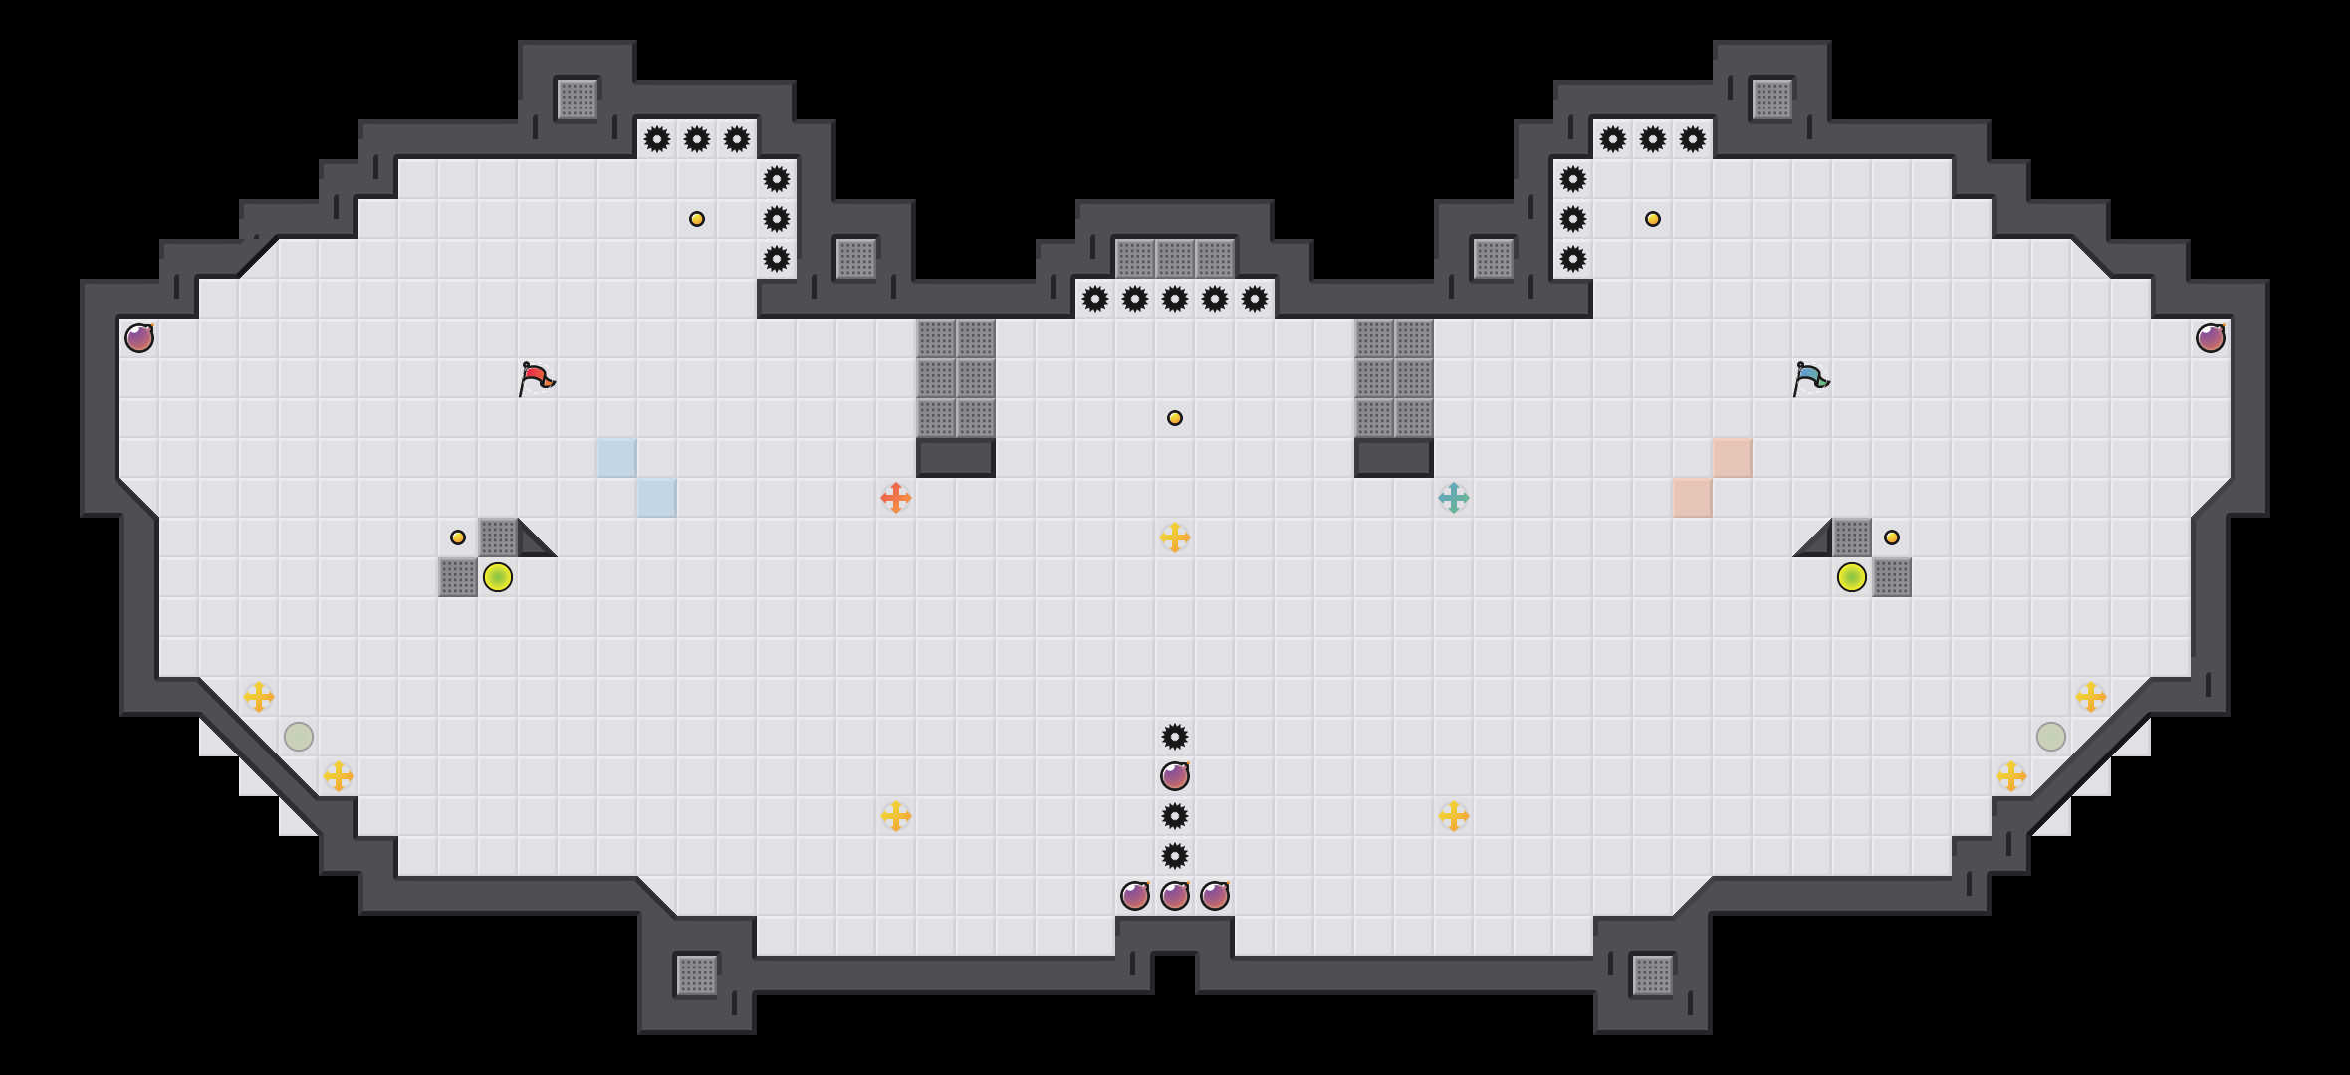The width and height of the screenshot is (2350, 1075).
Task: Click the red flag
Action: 536,378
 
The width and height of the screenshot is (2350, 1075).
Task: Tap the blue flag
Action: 1810,378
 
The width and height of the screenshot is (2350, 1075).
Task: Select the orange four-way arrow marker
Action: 896,498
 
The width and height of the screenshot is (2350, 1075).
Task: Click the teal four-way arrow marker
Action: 1454,498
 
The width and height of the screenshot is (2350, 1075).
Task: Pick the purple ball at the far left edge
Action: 139,338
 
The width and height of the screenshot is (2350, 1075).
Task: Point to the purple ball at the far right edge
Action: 2211,338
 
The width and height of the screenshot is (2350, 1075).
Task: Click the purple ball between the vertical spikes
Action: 1175,776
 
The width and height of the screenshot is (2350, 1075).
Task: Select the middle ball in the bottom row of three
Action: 1175,896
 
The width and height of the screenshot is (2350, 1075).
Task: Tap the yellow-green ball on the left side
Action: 498,577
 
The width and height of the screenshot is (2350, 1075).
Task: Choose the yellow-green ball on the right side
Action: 1852,577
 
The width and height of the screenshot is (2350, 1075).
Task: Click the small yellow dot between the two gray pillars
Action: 1175,418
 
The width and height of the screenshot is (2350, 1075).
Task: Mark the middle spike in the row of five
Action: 1175,299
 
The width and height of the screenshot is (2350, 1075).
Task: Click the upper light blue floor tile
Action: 617,458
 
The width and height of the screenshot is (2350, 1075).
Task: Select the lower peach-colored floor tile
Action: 1693,498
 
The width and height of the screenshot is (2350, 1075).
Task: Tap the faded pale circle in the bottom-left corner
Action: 299,737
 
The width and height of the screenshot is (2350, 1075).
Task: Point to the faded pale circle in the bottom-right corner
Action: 2051,737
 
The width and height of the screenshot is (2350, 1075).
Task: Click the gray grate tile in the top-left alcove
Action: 578,100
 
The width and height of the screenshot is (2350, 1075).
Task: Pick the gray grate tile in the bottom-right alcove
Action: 1653,975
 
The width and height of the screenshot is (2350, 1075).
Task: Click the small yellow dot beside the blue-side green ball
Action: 1892,537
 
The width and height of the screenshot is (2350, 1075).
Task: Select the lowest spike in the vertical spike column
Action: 1175,856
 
